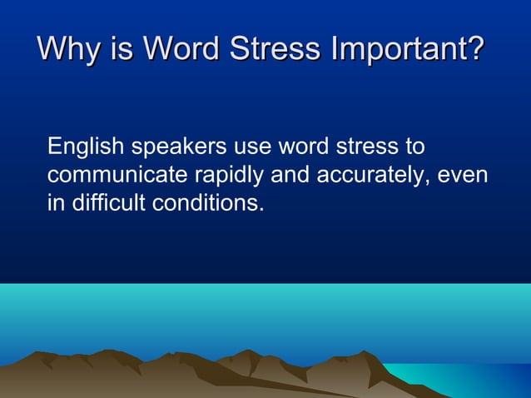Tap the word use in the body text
tap(252, 148)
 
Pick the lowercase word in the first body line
tap(302, 147)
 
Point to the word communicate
tap(117, 176)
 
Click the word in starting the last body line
tap(55, 203)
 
